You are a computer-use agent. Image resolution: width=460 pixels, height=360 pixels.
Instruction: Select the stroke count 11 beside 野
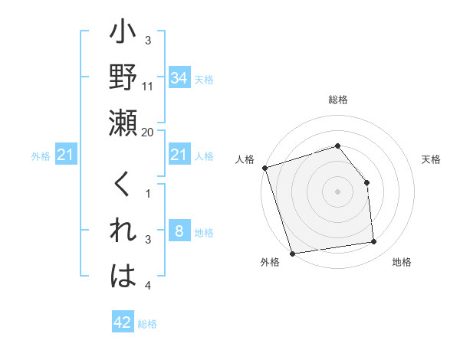[x=148, y=86]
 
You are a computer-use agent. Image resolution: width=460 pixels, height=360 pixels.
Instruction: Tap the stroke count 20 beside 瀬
[x=148, y=132]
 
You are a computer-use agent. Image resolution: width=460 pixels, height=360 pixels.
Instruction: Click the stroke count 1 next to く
[x=148, y=194]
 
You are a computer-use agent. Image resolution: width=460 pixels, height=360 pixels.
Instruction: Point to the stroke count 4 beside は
[x=148, y=286]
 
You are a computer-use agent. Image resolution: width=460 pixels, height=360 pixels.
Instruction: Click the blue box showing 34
[x=179, y=78]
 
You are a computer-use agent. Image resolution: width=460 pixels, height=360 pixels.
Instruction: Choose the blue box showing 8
[x=179, y=231]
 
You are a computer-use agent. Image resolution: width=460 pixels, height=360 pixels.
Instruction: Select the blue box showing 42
[x=123, y=322]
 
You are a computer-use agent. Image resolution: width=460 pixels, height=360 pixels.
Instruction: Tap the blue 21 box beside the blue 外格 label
[x=66, y=155]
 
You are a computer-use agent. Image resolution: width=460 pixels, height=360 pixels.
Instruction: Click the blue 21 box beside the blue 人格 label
[x=179, y=155]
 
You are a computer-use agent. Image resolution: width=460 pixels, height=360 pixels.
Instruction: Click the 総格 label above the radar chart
[x=337, y=100]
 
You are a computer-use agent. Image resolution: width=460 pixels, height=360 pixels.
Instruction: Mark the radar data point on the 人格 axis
[x=264, y=168]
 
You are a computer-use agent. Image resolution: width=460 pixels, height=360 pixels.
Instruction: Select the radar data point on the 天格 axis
[x=366, y=182]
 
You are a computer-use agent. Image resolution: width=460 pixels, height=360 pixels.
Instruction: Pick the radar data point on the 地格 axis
[x=374, y=242]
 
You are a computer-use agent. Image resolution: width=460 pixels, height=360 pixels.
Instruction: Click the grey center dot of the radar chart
[x=337, y=191]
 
